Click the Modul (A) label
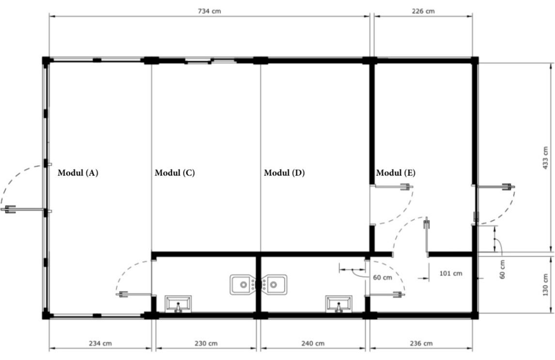78,173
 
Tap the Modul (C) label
175,173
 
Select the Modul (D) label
284,173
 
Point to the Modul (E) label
396,173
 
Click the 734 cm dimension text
209,11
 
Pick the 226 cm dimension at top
423,11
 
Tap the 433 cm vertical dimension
545,157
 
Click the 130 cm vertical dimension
545,285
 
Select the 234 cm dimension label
100,344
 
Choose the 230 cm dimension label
206,344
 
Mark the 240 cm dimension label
313,344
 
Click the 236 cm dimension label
421,344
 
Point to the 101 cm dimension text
450,273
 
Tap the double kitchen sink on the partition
259,284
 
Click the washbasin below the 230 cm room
178,304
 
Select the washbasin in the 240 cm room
339,304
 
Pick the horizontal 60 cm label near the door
382,278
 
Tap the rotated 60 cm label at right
502,269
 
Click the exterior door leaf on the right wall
495,187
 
